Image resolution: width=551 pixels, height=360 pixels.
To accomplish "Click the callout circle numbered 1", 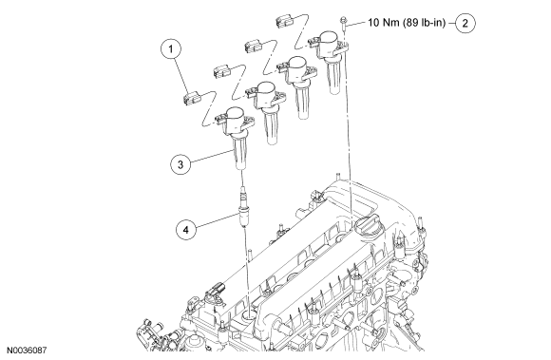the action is click(171, 48).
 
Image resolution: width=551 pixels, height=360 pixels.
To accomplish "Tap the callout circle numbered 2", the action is click(465, 23).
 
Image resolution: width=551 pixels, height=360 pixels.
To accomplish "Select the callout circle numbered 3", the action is click(180, 164).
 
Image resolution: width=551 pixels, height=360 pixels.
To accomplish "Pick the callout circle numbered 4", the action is click(186, 230).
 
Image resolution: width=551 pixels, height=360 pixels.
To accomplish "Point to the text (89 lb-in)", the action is click(424, 23).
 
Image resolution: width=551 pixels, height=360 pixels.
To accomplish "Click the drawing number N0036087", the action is click(27, 351).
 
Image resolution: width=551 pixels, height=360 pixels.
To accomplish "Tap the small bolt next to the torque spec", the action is click(344, 23).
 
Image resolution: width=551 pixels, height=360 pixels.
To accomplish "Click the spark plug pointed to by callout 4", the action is click(241, 208).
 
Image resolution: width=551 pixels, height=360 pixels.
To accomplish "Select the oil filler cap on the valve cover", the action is click(368, 226).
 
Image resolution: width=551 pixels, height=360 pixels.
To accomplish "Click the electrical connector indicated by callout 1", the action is click(191, 99).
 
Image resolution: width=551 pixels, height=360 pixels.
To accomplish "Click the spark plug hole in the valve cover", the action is click(250, 314).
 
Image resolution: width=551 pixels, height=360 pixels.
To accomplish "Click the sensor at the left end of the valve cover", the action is click(214, 290).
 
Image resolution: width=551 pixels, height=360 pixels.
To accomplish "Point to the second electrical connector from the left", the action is click(221, 71).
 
